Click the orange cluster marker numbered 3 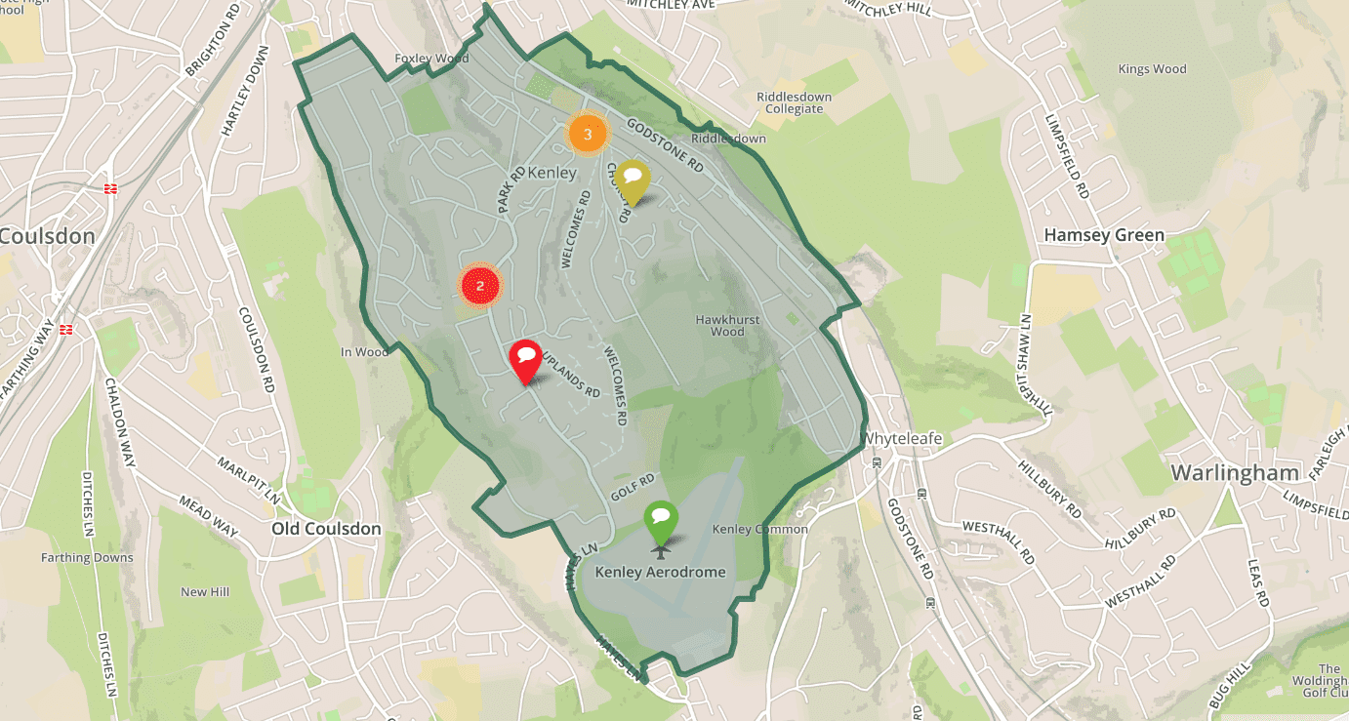587,135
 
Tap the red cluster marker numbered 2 479,285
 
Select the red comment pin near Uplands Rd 525,359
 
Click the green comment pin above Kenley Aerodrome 661,518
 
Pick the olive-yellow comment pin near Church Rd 633,179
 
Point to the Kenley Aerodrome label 661,572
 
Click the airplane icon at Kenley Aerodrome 661,549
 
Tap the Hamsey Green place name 1104,235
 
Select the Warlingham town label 1235,473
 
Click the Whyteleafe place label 901,439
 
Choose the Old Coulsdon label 326,529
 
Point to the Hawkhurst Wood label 727,325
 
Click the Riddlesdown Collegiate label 790,102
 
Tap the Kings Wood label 1153,69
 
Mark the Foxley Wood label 431,59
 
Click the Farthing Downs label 87,558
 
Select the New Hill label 205,592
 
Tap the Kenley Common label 760,529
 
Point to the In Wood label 364,352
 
